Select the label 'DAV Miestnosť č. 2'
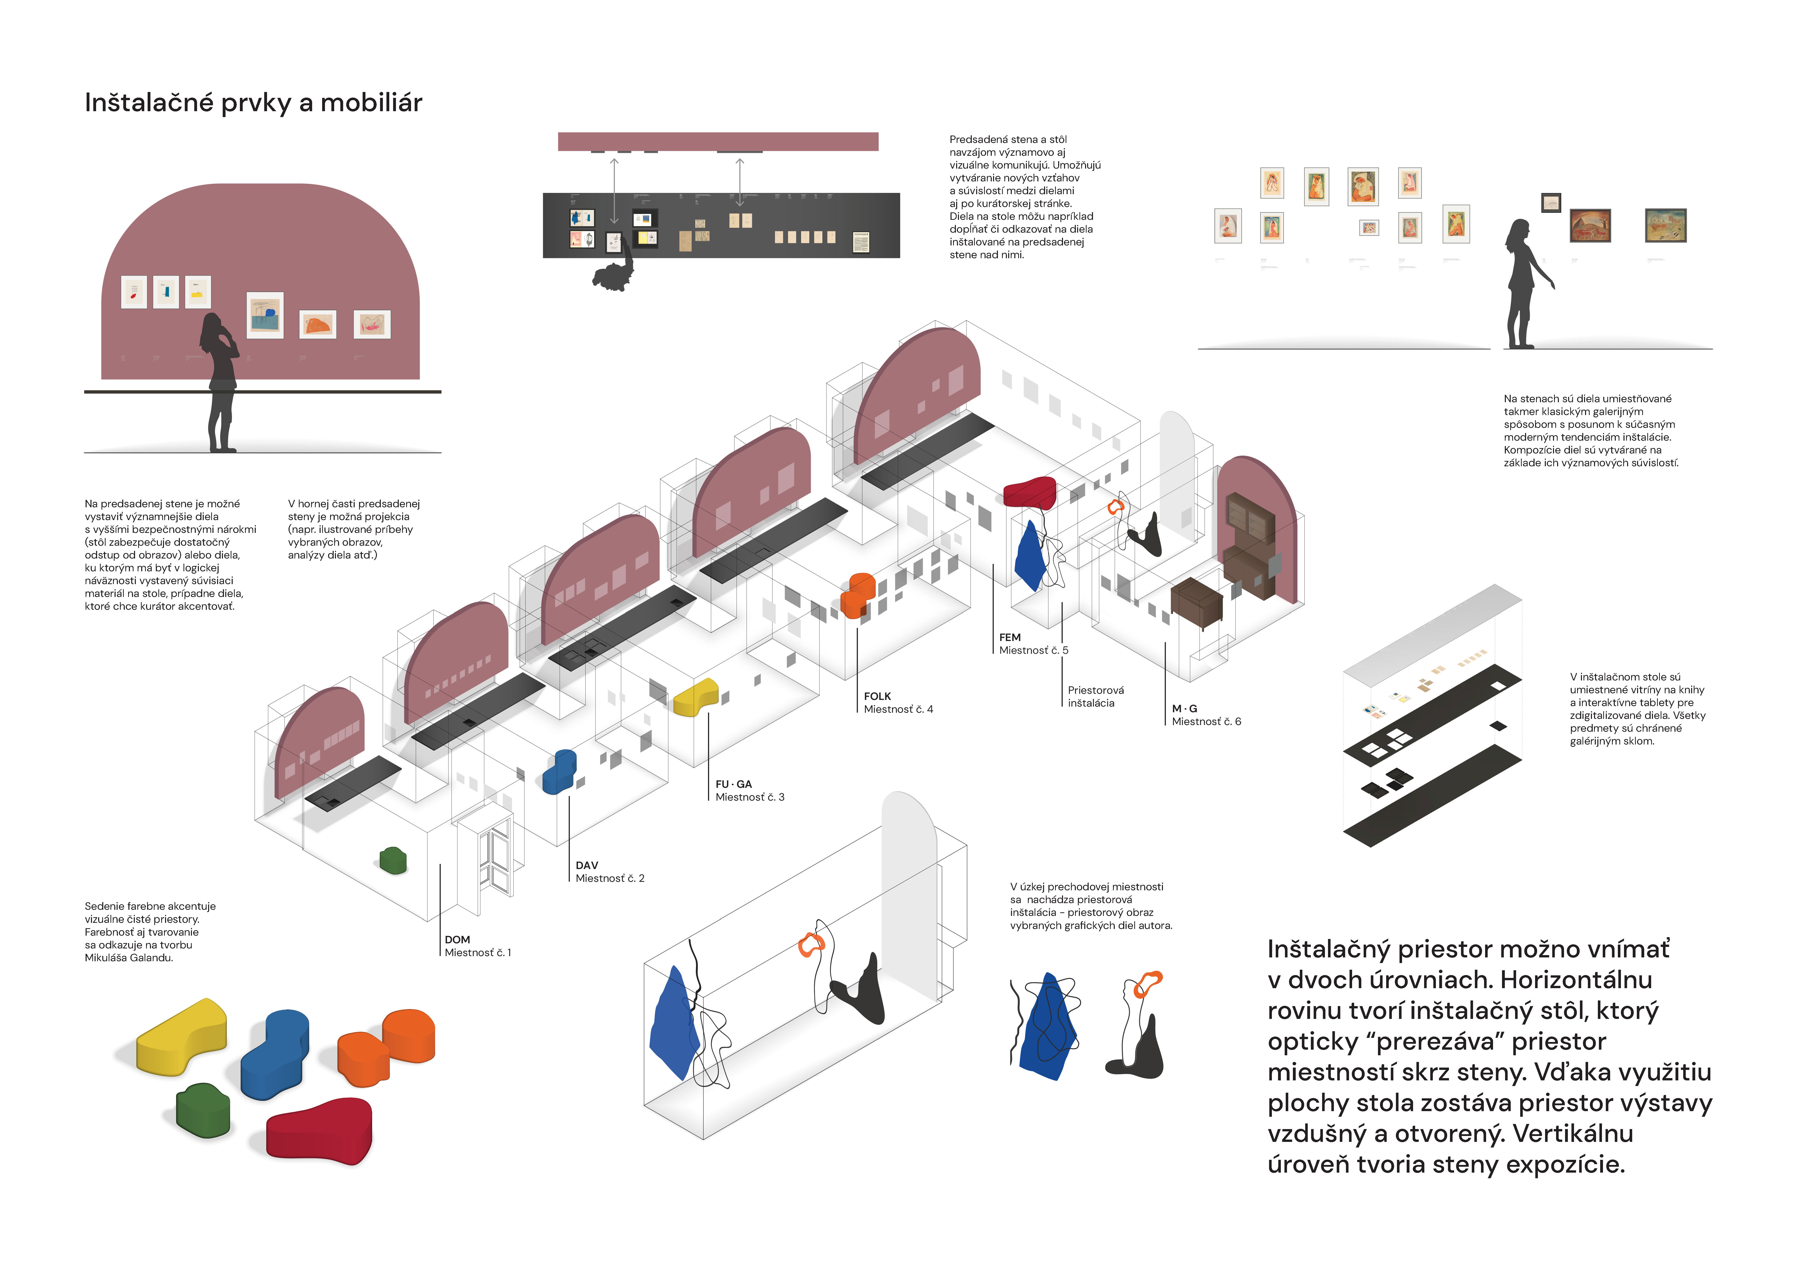coord(609,872)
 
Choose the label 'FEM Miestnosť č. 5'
coord(1033,644)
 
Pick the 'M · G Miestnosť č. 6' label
coord(1206,715)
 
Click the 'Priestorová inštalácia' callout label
coord(1095,696)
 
